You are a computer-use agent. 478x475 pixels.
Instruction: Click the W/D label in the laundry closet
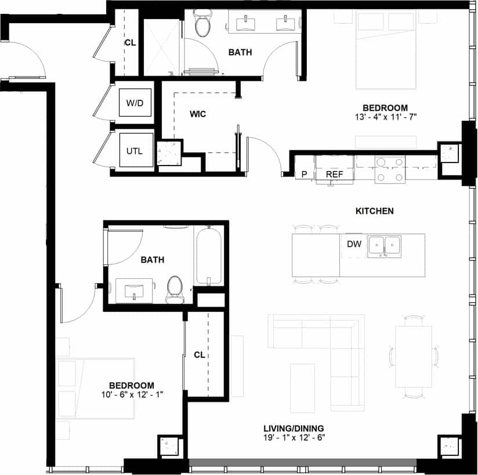click(x=136, y=103)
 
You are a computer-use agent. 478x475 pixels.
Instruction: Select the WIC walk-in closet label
click(x=198, y=114)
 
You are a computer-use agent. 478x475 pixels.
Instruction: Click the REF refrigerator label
click(x=334, y=174)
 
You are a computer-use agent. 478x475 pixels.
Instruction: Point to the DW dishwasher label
click(x=354, y=244)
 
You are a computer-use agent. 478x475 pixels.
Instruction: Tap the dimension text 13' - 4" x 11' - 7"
click(x=385, y=117)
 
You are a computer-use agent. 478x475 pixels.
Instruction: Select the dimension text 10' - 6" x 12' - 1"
click(x=132, y=394)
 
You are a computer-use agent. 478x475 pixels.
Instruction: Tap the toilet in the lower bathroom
click(x=174, y=289)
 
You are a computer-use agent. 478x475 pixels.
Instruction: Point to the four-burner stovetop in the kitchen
click(x=390, y=170)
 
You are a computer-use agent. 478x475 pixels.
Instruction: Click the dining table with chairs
click(x=413, y=357)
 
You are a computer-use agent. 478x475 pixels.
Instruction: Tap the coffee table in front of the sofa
click(x=302, y=380)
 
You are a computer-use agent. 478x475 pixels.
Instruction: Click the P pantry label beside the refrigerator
click(x=304, y=174)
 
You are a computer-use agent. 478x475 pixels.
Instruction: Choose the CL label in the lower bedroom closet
click(x=200, y=354)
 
